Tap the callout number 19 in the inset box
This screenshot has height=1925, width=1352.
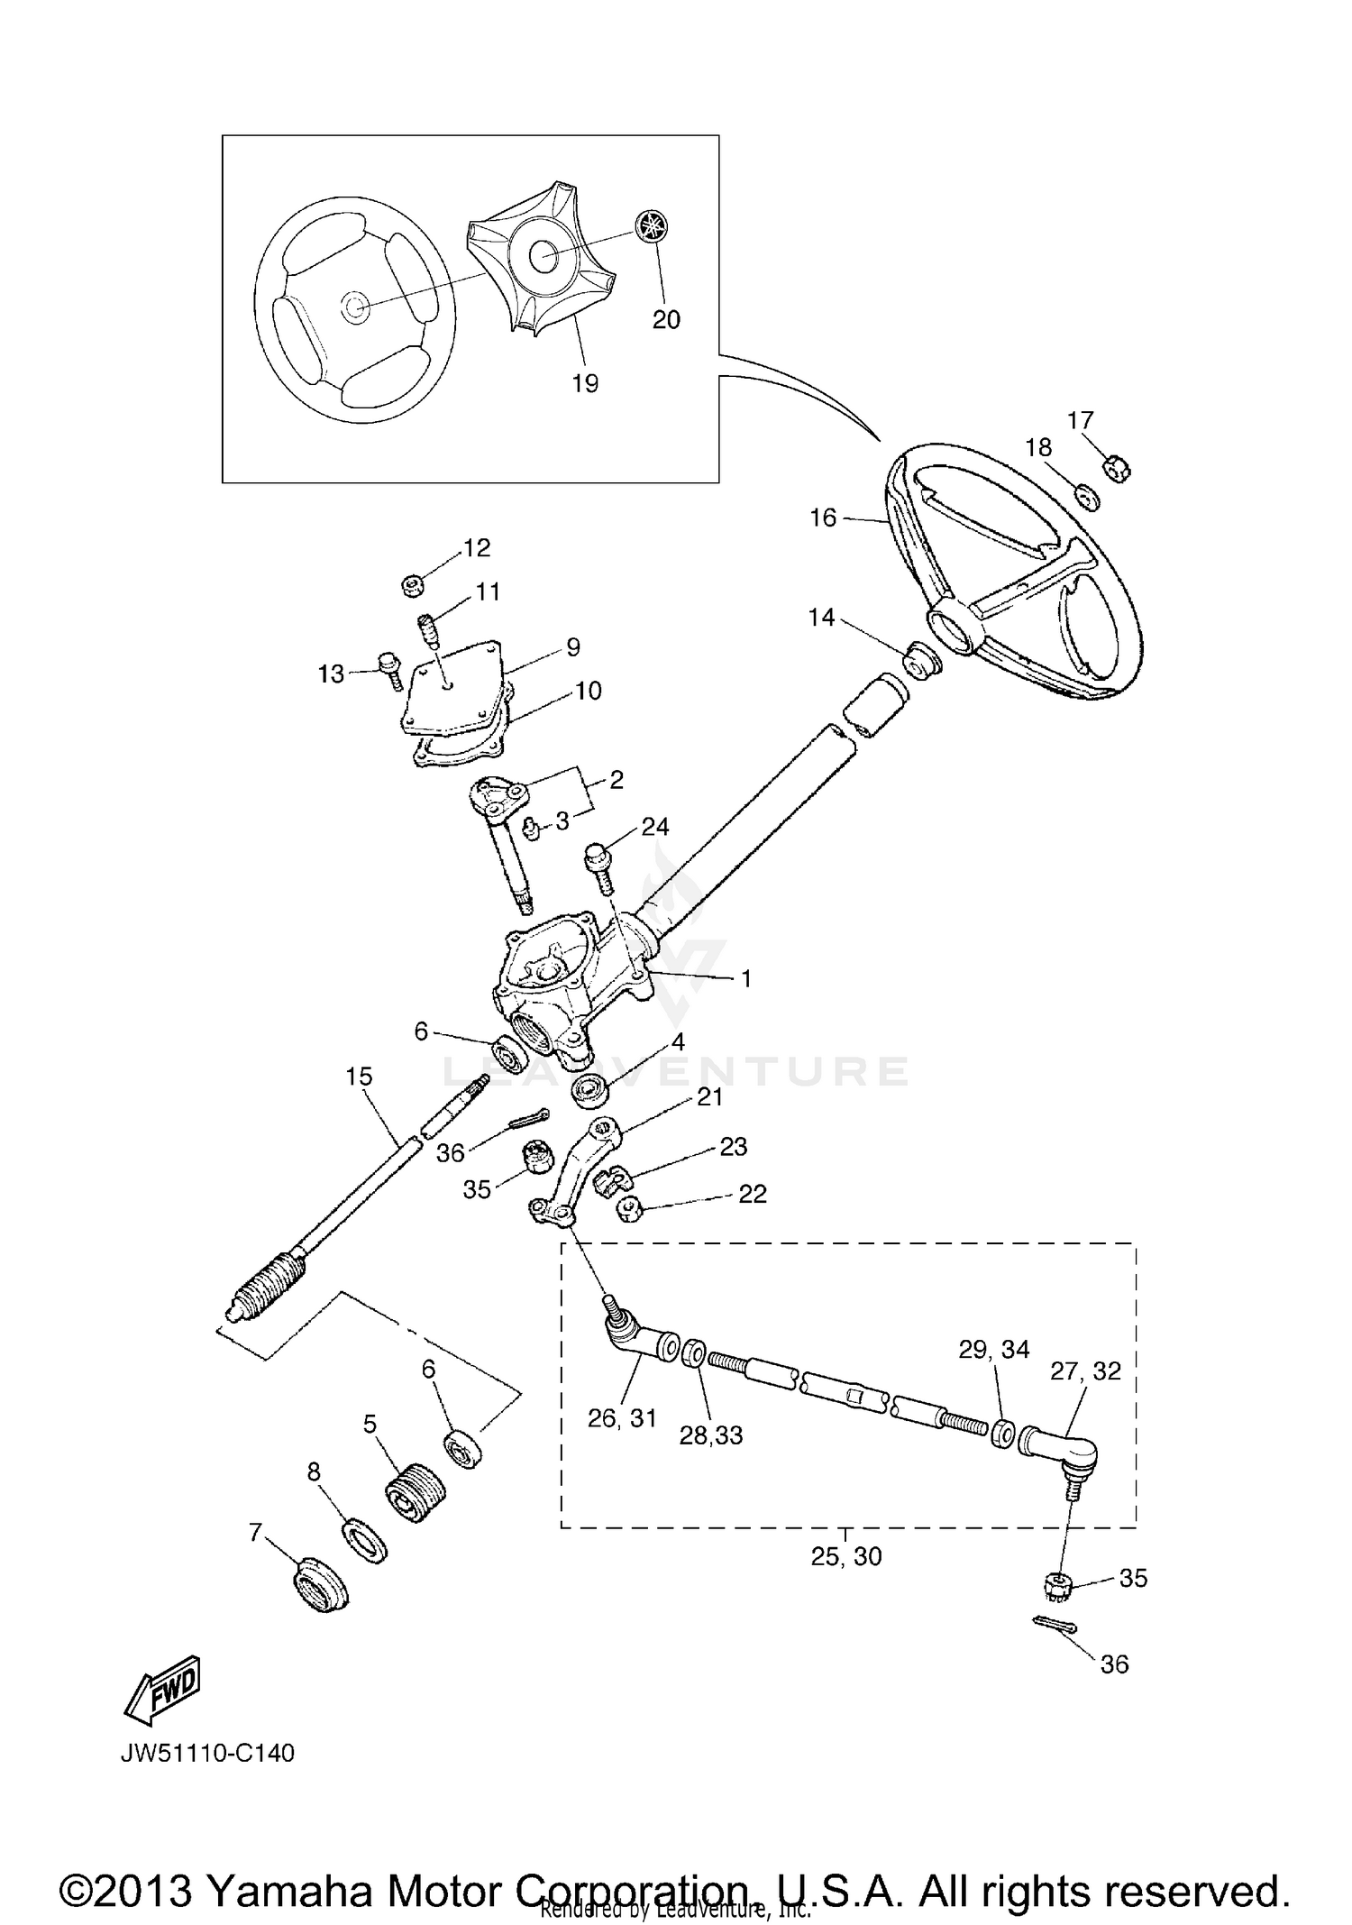[x=585, y=384]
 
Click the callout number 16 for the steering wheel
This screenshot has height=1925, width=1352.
[x=823, y=518]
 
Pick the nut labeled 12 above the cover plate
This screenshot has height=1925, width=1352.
[x=413, y=586]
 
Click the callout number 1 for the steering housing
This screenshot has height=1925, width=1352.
[x=746, y=979]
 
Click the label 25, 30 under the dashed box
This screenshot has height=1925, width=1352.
[x=845, y=1557]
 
